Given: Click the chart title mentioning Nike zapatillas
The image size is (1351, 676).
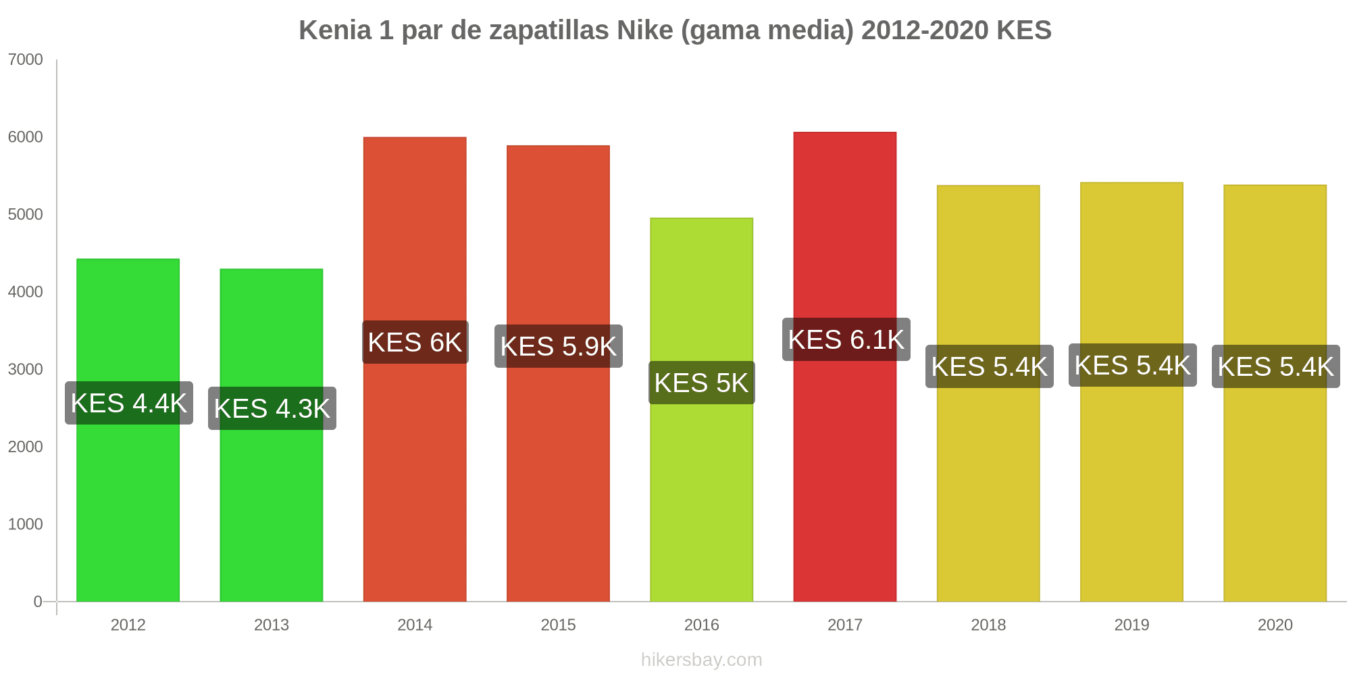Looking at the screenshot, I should (x=675, y=30).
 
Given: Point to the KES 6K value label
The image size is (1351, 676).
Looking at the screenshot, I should (x=415, y=342).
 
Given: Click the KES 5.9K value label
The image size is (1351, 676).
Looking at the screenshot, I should (x=558, y=346).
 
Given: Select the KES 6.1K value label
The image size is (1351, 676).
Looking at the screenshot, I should (x=846, y=339).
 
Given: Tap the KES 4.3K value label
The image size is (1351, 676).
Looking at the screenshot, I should (x=272, y=408).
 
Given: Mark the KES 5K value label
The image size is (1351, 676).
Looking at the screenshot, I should (x=701, y=383).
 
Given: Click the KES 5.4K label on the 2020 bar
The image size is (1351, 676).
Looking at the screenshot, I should (x=1275, y=366).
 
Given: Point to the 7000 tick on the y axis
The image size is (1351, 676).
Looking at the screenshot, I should (x=26, y=59).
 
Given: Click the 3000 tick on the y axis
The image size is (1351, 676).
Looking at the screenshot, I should (x=26, y=369).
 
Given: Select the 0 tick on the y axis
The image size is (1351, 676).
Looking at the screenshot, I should (x=38, y=602).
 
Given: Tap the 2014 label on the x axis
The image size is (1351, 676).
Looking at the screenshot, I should (x=415, y=625).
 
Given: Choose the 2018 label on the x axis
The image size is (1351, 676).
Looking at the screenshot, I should (x=988, y=625).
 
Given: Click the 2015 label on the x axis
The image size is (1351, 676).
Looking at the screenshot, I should (x=558, y=625).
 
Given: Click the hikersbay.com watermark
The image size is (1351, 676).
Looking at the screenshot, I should (x=701, y=660).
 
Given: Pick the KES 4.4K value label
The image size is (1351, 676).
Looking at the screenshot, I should (x=128, y=403).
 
